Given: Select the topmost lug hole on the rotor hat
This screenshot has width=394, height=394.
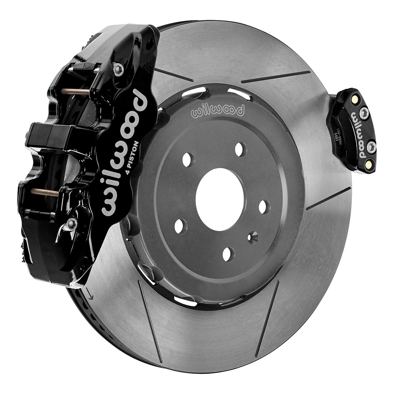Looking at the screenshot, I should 240,149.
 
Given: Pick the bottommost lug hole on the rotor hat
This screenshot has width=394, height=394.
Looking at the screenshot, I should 228,254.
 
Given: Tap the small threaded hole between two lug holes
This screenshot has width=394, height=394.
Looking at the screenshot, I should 253,237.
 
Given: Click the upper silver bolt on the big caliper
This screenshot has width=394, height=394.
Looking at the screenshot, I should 118,70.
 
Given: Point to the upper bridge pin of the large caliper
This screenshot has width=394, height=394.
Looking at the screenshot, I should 75,92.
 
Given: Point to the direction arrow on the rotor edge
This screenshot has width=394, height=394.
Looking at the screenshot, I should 91,295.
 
